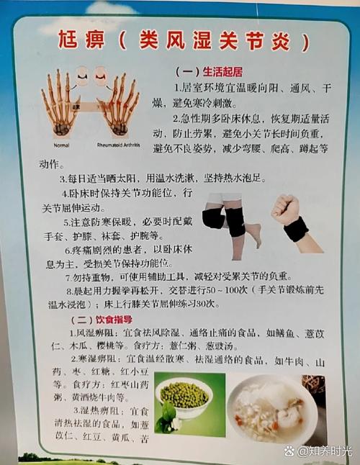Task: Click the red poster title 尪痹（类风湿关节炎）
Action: click(184, 41)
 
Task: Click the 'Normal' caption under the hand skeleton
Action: click(61, 144)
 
